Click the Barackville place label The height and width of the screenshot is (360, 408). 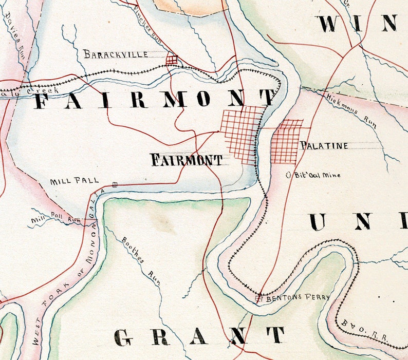[x=116, y=54]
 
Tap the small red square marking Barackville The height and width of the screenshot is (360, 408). [x=172, y=60]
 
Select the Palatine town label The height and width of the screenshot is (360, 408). [x=324, y=146]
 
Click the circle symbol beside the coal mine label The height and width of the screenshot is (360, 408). [x=289, y=175]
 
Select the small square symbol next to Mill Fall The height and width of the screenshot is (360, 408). [x=115, y=183]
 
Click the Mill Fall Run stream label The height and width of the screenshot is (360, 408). [x=57, y=219]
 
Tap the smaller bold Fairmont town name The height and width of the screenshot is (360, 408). [x=186, y=160]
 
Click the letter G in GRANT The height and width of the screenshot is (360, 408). [x=124, y=336]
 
